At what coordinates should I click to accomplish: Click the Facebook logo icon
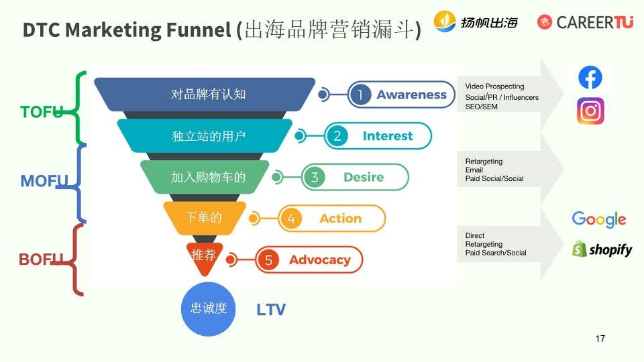(x=590, y=78)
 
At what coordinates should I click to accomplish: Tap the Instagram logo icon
(x=590, y=111)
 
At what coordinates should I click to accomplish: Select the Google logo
(x=598, y=219)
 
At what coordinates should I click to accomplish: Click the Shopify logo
(x=602, y=249)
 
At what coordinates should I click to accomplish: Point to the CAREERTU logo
(x=585, y=22)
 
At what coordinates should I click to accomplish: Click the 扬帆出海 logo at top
(x=476, y=22)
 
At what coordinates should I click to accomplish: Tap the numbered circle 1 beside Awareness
(x=360, y=95)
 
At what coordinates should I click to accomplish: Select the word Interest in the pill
(x=388, y=136)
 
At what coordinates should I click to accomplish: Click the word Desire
(x=364, y=178)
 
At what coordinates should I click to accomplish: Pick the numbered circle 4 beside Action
(x=290, y=219)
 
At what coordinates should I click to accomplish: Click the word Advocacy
(x=319, y=260)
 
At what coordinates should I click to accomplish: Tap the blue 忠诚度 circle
(x=209, y=308)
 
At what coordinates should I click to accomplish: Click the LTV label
(x=271, y=310)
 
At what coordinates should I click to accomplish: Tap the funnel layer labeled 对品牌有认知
(x=208, y=95)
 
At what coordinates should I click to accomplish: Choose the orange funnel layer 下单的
(x=203, y=218)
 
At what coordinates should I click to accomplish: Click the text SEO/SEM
(x=482, y=107)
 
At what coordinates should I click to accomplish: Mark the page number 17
(x=600, y=339)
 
